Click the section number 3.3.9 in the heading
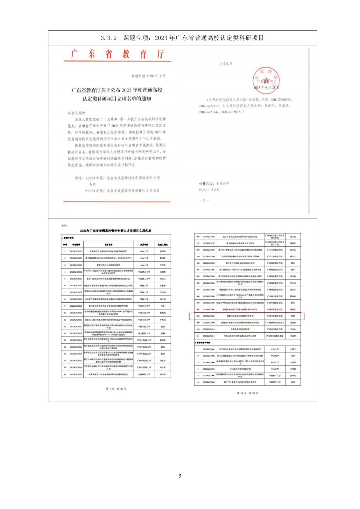coord(109,38)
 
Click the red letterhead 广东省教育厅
coord(117,54)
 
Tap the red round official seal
coord(265,80)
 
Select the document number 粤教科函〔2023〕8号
coord(148,76)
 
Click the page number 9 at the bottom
coord(180,476)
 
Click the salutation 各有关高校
coord(77,113)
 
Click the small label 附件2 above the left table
coord(64,225)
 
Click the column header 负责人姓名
coord(163,245)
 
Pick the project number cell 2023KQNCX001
coord(76,251)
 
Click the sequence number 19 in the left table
coord(65,374)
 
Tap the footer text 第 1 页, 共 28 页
coord(116,389)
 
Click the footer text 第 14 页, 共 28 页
coord(248,393)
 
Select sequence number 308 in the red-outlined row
coord(198,316)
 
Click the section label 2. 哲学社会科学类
coord(202,343)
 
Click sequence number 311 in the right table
coord(198,336)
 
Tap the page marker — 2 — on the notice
coord(204,200)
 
